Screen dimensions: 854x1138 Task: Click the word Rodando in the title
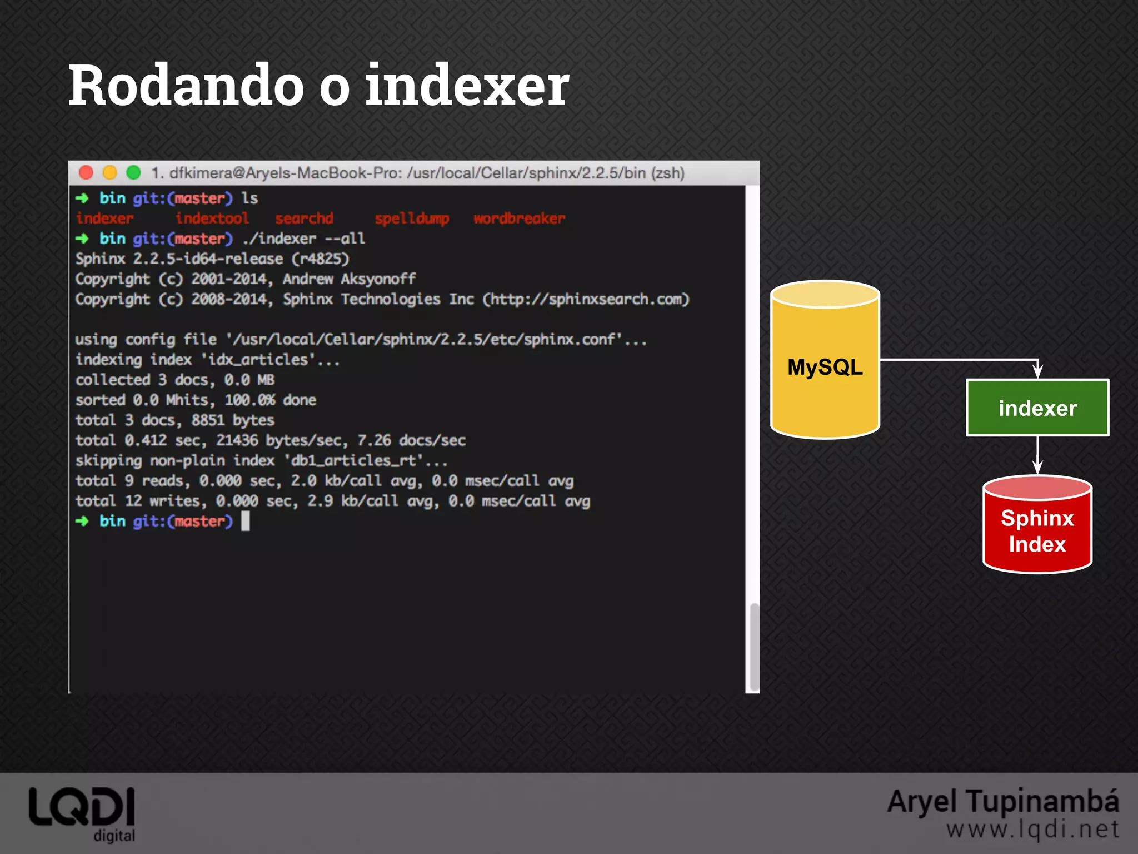[x=186, y=86]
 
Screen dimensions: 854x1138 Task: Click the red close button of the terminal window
[x=86, y=173]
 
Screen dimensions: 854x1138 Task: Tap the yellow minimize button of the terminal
[x=110, y=173]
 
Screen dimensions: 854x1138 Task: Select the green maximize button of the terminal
[x=133, y=173]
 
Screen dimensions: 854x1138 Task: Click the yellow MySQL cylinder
[x=825, y=367]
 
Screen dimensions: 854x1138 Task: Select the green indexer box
[x=1037, y=408]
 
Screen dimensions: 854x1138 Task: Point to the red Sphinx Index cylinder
[x=1037, y=531]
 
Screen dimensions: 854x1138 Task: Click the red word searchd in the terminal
[x=304, y=219]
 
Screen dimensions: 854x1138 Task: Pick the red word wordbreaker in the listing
[x=519, y=219]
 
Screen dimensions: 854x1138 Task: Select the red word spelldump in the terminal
[x=412, y=219]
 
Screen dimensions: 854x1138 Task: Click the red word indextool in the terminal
[x=212, y=219]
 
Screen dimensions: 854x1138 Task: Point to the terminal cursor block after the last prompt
[x=246, y=521]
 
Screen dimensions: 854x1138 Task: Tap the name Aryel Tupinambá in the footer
[x=1003, y=802]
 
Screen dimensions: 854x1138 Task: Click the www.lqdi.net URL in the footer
[x=1032, y=830]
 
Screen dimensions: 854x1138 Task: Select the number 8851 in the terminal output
[x=208, y=420]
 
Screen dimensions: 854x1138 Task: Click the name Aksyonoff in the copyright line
[x=378, y=279]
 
